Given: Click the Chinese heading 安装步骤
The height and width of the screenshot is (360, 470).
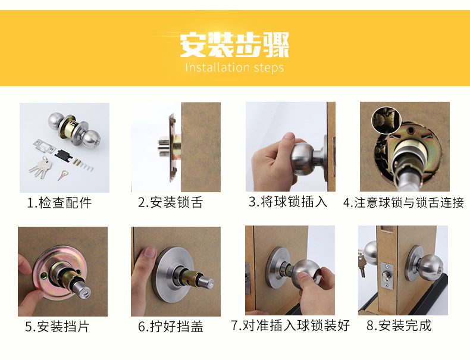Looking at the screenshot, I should click(x=234, y=45).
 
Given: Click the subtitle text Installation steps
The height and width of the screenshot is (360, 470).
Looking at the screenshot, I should click(x=234, y=67).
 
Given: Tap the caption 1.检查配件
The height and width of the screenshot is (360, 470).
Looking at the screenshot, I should click(x=59, y=203).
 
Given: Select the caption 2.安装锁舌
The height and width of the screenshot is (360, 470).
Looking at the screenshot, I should click(x=171, y=203).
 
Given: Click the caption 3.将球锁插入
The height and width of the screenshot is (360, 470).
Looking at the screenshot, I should click(x=288, y=202).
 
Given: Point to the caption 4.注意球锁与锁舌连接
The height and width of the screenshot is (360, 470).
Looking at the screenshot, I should click(x=403, y=203).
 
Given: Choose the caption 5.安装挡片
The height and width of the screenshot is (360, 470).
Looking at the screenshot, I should click(x=58, y=326).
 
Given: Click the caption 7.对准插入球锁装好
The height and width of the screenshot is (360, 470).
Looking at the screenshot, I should click(x=290, y=325).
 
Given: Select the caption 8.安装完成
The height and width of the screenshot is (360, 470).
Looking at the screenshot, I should click(x=399, y=325).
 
